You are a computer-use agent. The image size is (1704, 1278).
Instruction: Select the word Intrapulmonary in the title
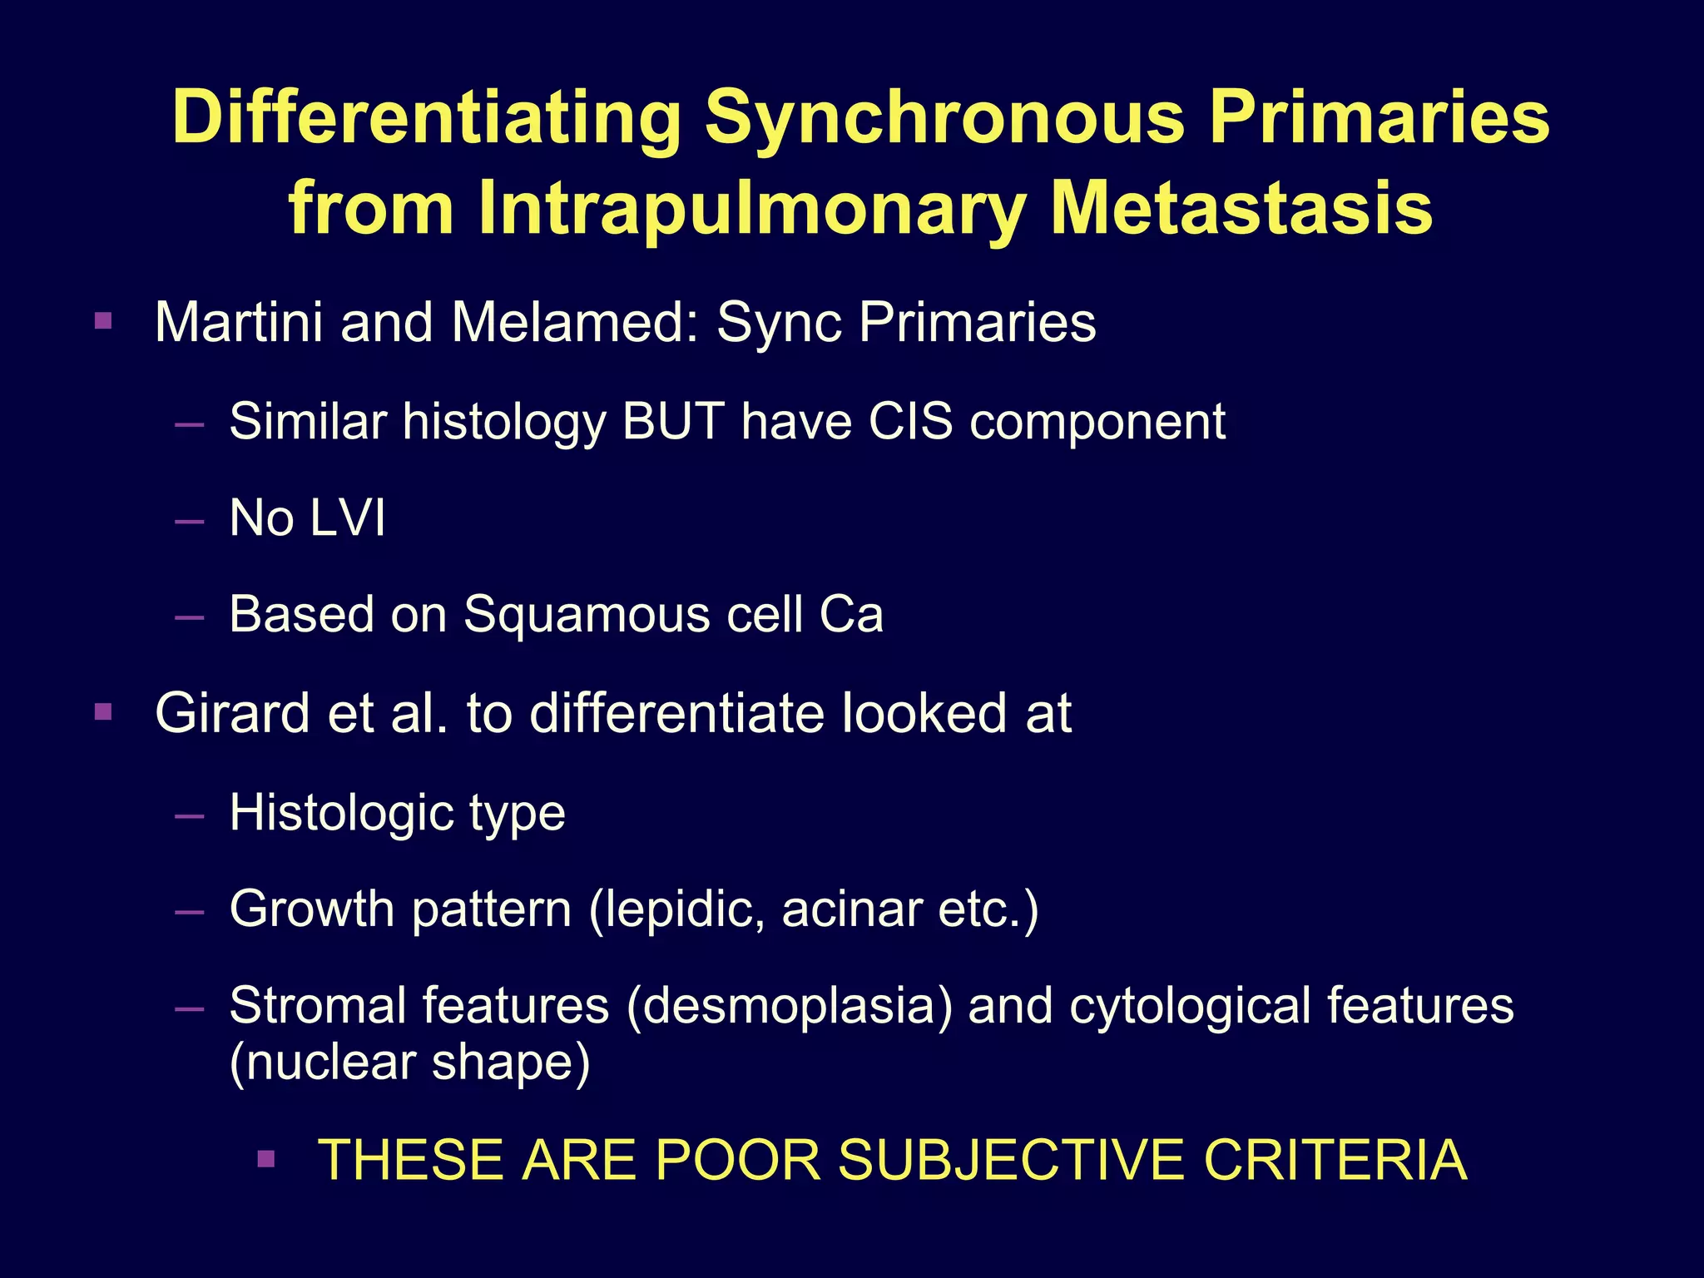pos(756,208)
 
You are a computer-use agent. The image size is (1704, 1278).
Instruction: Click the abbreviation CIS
pos(910,421)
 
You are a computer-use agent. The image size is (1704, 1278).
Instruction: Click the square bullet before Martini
pos(103,320)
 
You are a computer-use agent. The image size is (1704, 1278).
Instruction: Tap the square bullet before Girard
pos(103,712)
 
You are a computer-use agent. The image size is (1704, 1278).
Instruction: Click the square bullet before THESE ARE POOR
pos(266,1159)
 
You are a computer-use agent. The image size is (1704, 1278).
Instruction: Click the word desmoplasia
pos(790,1005)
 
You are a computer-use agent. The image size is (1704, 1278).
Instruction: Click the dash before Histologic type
pos(190,816)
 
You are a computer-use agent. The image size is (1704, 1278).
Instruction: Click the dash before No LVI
pos(190,523)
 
